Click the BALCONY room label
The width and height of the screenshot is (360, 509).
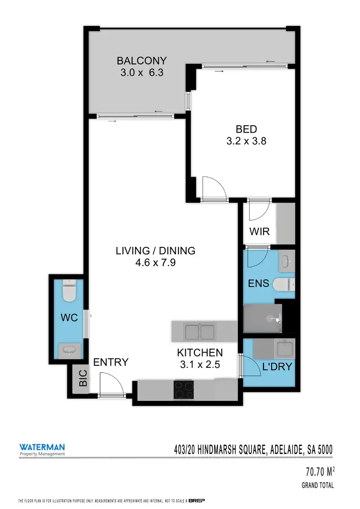pos(142,61)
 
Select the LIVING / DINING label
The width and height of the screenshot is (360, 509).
pos(155,250)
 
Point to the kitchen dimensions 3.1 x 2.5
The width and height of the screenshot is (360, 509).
pos(198,364)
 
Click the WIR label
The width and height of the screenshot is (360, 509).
pos(259,231)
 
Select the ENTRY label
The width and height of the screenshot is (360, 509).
pos(111,362)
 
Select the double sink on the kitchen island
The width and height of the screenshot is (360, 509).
pos(200,331)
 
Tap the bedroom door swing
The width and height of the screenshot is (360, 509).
pos(213,188)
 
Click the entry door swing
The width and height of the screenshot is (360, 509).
pos(110,385)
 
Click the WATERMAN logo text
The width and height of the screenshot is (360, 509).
pos(42,446)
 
